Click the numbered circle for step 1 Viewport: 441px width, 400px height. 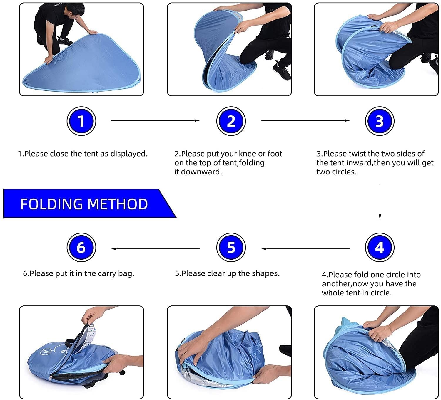[x=81, y=121]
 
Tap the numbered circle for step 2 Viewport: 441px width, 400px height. [x=231, y=121]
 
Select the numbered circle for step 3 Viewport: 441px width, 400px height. [x=380, y=121]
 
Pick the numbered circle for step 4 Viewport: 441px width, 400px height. [x=380, y=247]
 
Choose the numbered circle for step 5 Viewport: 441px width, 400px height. [x=231, y=247]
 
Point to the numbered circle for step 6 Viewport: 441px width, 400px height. [x=81, y=247]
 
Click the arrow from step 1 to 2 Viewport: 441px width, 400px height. [x=155, y=120]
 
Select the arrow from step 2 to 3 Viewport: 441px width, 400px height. [x=305, y=120]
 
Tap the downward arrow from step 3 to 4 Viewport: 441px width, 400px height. [x=380, y=202]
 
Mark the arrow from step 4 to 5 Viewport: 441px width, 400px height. [x=305, y=249]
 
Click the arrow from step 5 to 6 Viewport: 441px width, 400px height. [x=156, y=249]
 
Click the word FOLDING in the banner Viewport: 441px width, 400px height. [x=51, y=204]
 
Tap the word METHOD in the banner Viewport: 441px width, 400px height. [x=118, y=204]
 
